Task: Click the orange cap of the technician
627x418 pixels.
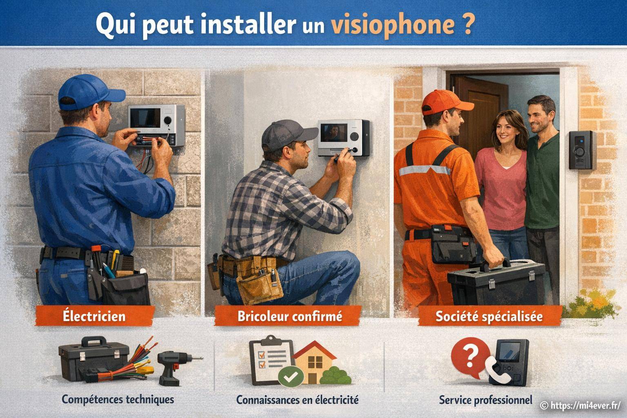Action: pos(445,100)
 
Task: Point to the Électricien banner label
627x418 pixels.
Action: pos(94,316)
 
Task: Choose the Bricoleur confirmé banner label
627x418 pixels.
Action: pos(289,316)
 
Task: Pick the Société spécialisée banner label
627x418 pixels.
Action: pos(489,316)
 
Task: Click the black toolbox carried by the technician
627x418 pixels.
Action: pos(496,282)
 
